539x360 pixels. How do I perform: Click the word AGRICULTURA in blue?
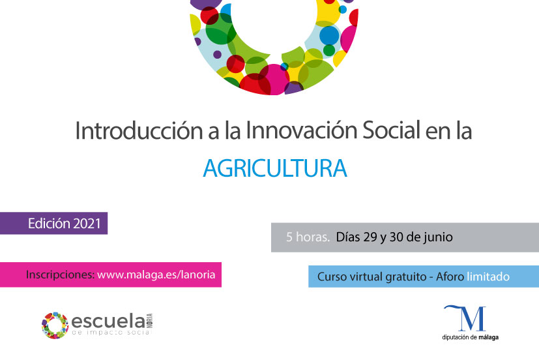tap(275, 168)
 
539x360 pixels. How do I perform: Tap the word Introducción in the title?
tap(139, 130)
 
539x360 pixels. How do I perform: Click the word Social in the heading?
tap(392, 130)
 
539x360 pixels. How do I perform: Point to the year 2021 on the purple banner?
tap(87, 224)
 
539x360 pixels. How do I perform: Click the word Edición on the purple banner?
tap(49, 224)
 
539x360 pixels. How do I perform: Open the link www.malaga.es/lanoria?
tap(156, 275)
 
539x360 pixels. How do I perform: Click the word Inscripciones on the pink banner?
tap(60, 275)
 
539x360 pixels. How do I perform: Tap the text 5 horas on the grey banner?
tap(308, 237)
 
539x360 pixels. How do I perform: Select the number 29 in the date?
tap(370, 237)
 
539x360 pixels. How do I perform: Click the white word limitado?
tap(488, 277)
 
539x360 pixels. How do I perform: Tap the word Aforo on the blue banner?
tap(450, 277)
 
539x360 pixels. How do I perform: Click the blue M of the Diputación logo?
tap(467, 318)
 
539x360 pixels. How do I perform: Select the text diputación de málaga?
tap(471, 337)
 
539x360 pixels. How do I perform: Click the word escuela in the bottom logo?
tap(108, 322)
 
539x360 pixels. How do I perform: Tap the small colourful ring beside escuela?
tap(55, 325)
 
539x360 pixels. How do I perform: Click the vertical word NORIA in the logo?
tap(149, 321)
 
